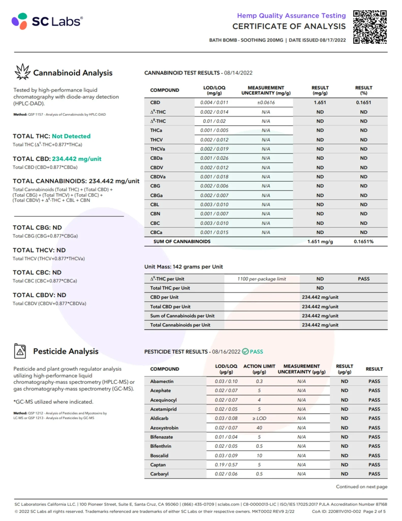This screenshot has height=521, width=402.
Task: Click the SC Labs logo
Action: (47, 21)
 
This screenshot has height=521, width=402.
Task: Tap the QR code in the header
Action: (370, 27)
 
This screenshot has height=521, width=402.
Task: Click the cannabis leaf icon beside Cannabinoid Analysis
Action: (22, 72)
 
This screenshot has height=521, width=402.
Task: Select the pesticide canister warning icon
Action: (20, 351)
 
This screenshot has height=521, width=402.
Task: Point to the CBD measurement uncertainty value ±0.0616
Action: (266, 103)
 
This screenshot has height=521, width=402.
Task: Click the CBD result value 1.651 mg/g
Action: (320, 103)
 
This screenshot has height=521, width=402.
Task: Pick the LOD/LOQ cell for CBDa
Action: (214, 158)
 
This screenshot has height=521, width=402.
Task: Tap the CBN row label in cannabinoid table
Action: (155, 214)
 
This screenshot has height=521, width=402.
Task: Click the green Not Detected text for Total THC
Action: (71, 136)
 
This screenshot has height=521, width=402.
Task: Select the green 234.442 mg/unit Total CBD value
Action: (76, 159)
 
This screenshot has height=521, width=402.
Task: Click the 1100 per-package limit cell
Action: (261, 279)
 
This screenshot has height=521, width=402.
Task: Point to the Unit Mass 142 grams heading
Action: (183, 267)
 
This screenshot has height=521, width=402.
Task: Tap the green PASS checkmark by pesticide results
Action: (245, 352)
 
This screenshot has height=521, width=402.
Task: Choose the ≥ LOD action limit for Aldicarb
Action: (259, 418)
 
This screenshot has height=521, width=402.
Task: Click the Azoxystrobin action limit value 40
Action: (259, 428)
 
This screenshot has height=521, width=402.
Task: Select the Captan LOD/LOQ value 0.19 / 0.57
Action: (226, 465)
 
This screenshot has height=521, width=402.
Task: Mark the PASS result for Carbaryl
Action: (374, 474)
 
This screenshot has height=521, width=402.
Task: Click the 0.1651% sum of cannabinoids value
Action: (363, 241)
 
